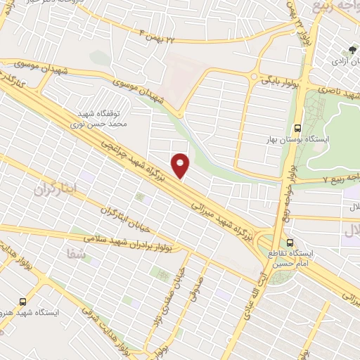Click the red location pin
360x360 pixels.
[181, 166]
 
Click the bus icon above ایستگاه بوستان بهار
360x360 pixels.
[297, 129]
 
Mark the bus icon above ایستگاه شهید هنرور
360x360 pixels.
[23, 299]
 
